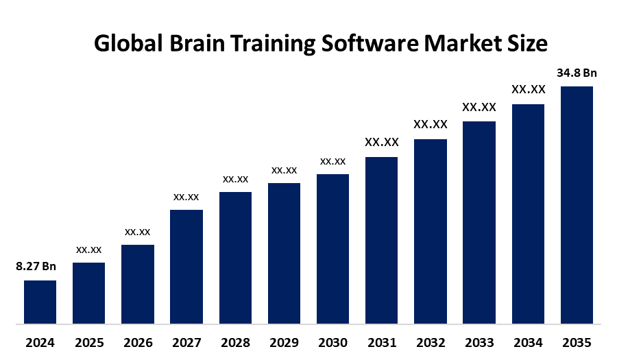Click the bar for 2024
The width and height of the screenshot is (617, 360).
(40, 302)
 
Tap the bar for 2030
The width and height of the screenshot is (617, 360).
(332, 248)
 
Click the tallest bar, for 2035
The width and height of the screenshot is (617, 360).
(577, 204)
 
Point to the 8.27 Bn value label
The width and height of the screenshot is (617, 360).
(36, 267)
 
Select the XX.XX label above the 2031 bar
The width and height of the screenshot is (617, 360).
(382, 142)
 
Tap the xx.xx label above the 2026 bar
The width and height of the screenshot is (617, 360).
(137, 232)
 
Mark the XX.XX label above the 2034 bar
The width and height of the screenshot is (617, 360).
(528, 89)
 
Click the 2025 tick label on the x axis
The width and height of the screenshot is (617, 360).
(88, 342)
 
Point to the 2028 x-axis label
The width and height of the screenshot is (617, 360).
(235, 342)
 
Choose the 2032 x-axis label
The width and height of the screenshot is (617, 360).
(431, 342)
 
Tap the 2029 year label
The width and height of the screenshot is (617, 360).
(284, 342)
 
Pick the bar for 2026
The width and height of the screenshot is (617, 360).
(137, 284)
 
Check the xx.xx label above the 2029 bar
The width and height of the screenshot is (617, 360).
(284, 169)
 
